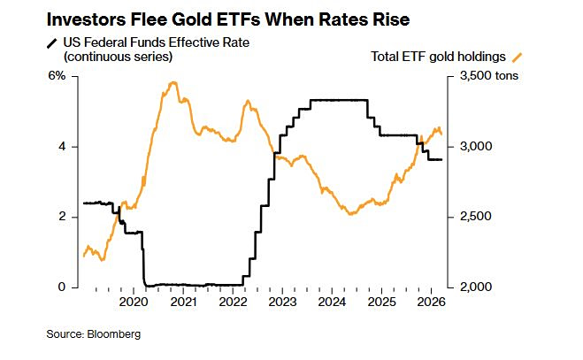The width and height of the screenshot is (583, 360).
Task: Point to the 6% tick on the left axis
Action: [x=57, y=76]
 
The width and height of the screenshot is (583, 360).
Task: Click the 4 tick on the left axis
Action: [x=62, y=147]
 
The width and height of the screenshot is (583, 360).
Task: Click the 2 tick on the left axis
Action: [x=62, y=217]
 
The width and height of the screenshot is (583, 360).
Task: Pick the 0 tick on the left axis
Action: [x=62, y=287]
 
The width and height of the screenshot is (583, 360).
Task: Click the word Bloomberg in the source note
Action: [x=114, y=334]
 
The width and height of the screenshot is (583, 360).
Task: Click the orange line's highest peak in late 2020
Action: [x=173, y=82]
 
